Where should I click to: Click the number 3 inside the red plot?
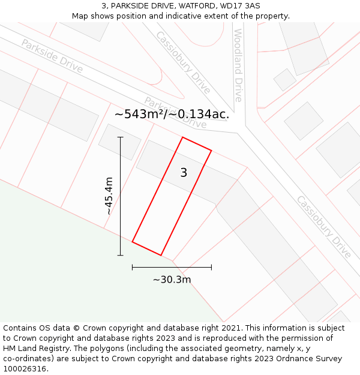(184, 173)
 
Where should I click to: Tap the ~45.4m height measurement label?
(109, 196)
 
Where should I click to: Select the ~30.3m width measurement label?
(172, 280)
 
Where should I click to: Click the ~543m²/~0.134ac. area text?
(172, 114)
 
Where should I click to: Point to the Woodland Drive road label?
(238, 65)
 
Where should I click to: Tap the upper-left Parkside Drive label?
(52, 55)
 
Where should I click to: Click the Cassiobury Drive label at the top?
(183, 62)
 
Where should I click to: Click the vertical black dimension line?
(121, 196)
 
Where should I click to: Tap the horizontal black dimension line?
(172, 267)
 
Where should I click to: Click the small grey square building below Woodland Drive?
(284, 79)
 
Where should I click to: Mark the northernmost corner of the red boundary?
(182, 137)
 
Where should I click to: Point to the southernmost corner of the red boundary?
(161, 256)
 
